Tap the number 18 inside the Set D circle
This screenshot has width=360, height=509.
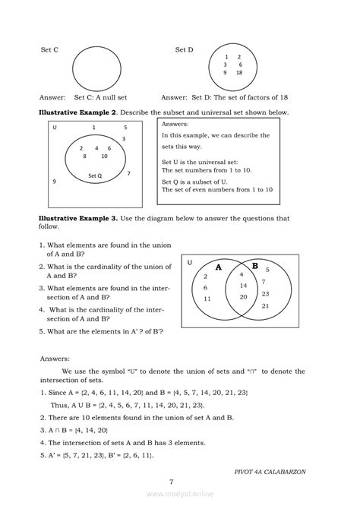pyautogui.click(x=239, y=73)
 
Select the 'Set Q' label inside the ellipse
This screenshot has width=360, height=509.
pyautogui.click(x=95, y=175)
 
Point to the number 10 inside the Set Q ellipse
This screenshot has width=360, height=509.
pyautogui.click(x=104, y=156)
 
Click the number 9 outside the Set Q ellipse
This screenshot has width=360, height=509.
pyautogui.click(x=54, y=182)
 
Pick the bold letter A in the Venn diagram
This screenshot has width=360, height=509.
pyautogui.click(x=219, y=267)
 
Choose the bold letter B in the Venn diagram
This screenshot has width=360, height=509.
pyautogui.click(x=255, y=266)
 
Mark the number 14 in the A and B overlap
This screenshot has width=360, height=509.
pyautogui.click(x=243, y=285)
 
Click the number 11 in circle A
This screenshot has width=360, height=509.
pyautogui.click(x=207, y=299)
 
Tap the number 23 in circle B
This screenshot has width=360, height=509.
pyautogui.click(x=265, y=293)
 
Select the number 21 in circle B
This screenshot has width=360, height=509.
pyautogui.click(x=265, y=305)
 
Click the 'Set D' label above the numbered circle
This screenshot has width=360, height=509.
pyautogui.click(x=185, y=50)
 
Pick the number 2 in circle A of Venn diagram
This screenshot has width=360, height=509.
pyautogui.click(x=206, y=277)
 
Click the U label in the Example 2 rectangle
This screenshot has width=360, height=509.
pyautogui.click(x=55, y=128)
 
